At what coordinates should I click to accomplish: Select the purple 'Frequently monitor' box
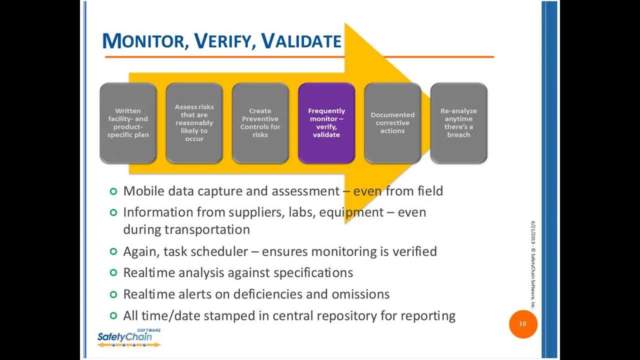(x=326, y=123)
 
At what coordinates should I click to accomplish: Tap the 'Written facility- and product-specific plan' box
(x=128, y=123)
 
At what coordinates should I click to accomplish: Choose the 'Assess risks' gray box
(x=194, y=123)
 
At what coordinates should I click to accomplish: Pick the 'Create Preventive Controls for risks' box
(x=260, y=123)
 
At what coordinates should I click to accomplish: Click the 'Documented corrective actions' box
(x=392, y=123)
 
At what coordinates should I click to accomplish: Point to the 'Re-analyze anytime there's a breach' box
(x=458, y=123)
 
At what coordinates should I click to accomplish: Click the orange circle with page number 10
(x=522, y=324)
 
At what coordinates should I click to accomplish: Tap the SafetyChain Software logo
(x=129, y=338)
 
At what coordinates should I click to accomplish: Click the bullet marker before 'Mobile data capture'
(x=113, y=191)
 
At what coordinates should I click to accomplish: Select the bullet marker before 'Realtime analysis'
(x=113, y=272)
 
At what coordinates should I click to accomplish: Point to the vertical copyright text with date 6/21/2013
(x=533, y=265)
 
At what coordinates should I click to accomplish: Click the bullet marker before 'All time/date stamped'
(x=113, y=316)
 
